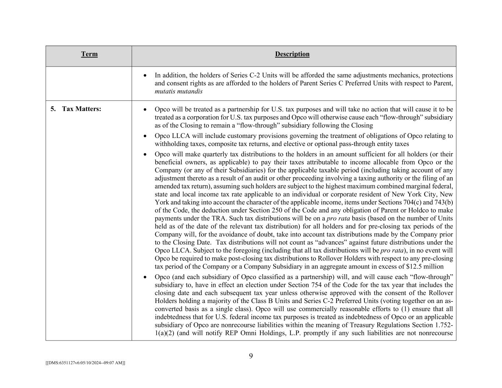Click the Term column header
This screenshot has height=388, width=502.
click(89, 54)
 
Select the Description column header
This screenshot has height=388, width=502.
click(292, 54)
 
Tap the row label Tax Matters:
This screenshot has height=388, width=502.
click(81, 109)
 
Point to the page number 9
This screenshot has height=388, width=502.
click(251, 356)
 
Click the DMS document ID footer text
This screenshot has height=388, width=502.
click(85, 363)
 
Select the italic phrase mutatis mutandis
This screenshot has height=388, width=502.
click(178, 91)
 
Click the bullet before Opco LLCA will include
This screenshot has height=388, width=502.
click(145, 136)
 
